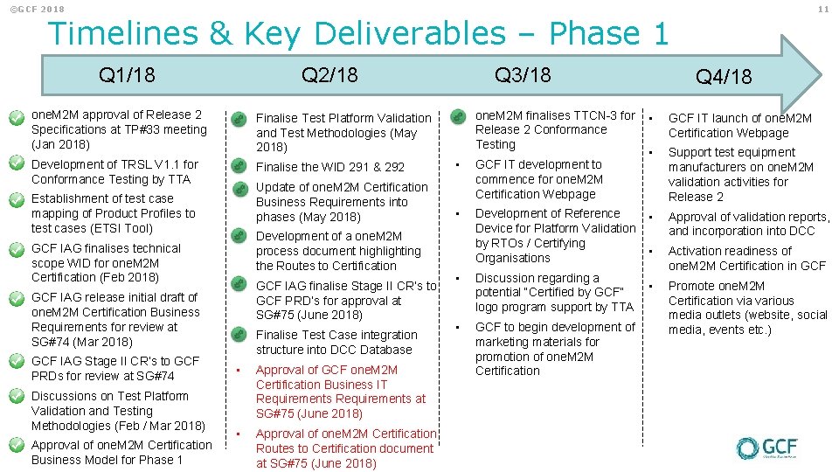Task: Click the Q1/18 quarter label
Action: [127, 75]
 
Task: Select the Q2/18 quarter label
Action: [329, 75]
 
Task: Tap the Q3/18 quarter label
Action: [523, 75]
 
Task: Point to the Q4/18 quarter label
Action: [724, 77]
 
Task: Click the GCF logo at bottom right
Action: [766, 448]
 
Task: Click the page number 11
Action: [823, 9]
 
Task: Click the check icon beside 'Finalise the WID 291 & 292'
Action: [238, 167]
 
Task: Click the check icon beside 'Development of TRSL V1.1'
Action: [15, 163]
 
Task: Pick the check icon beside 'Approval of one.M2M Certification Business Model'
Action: [15, 445]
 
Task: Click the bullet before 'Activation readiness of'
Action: [649, 252]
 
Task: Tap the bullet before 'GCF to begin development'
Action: [457, 327]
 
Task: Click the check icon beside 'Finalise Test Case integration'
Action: [238, 335]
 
